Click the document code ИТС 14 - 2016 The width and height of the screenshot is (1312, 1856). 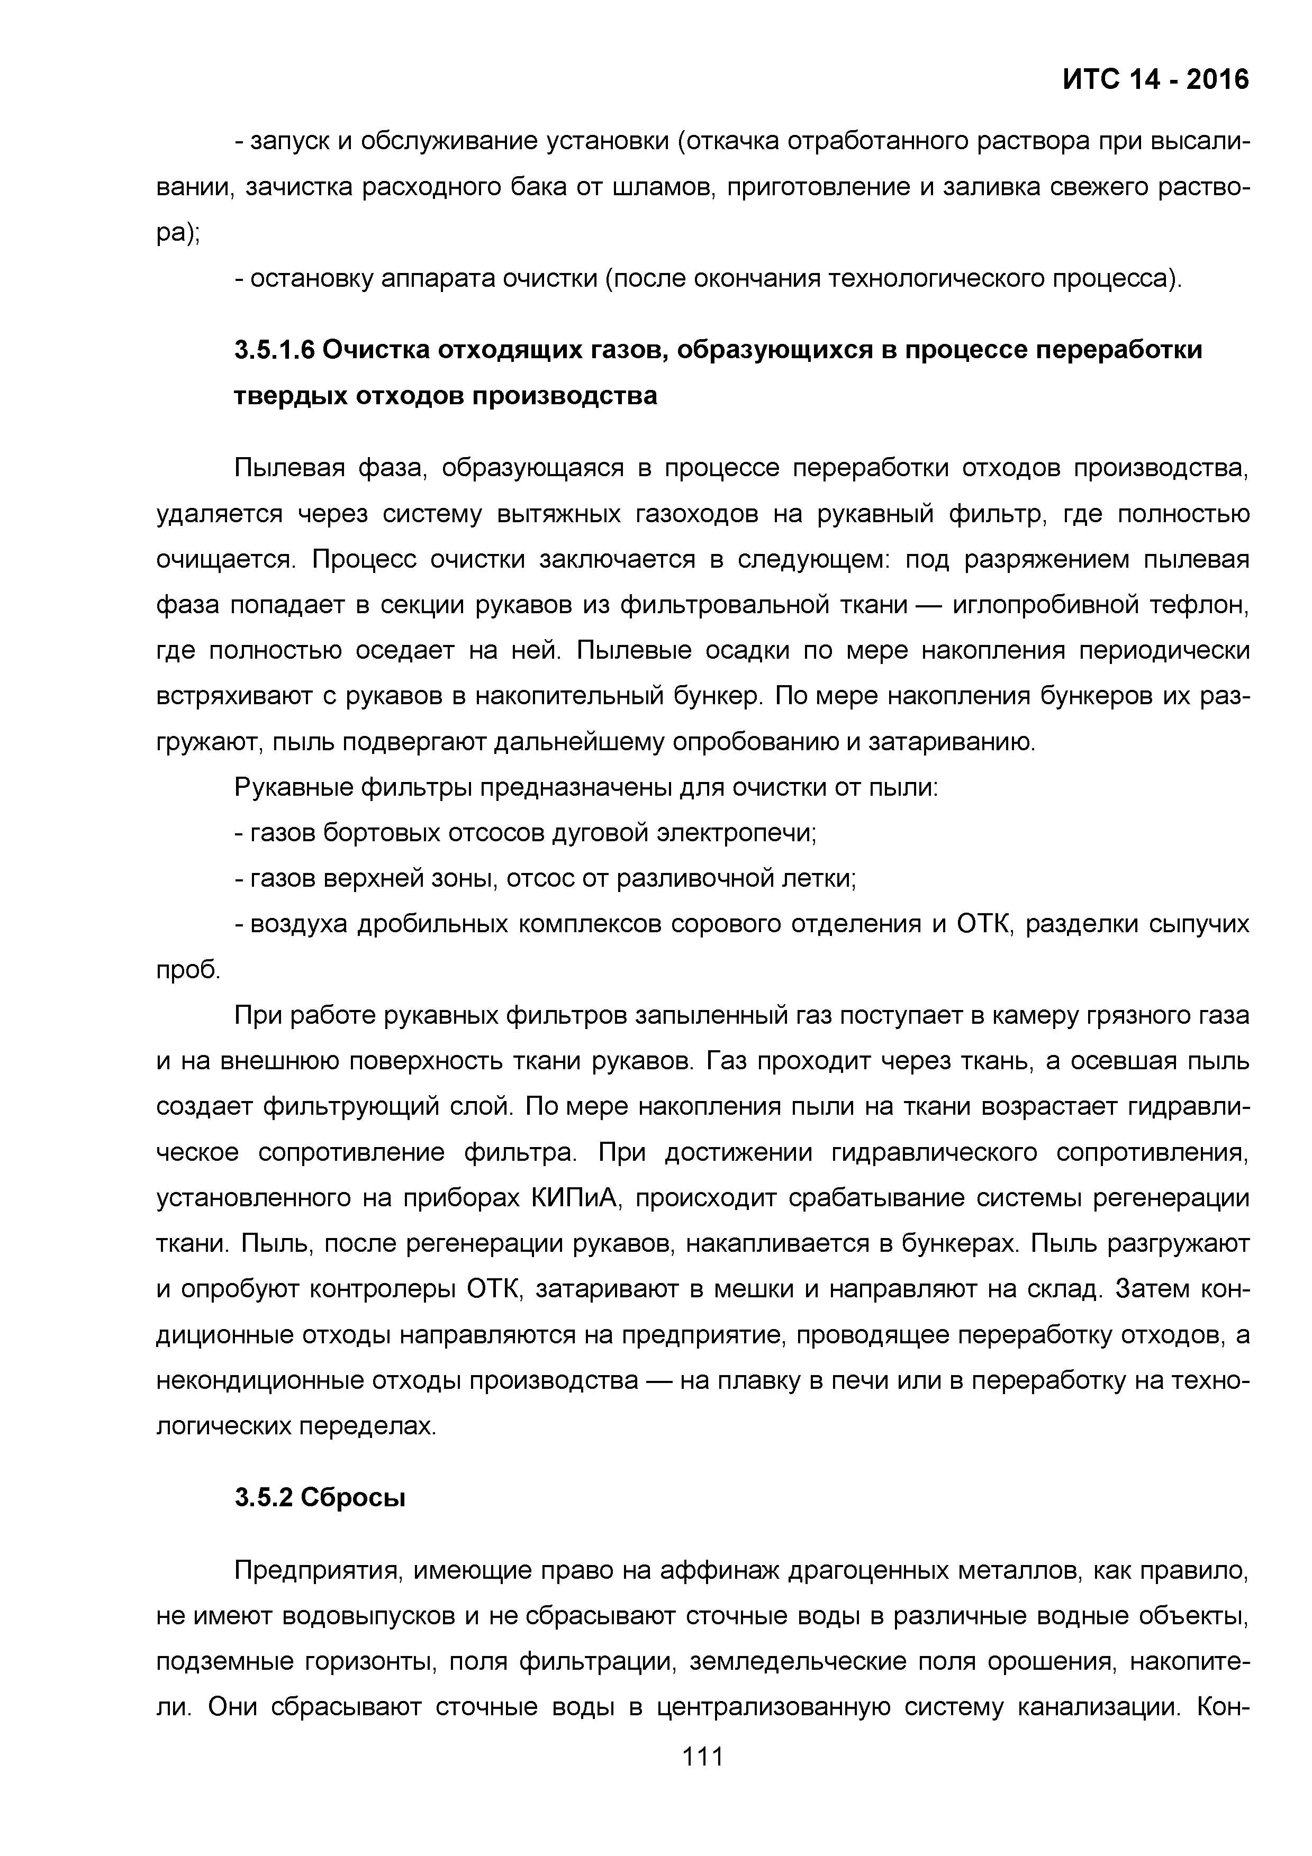(x=1155, y=79)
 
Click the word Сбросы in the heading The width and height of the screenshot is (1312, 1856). (x=352, y=1498)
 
